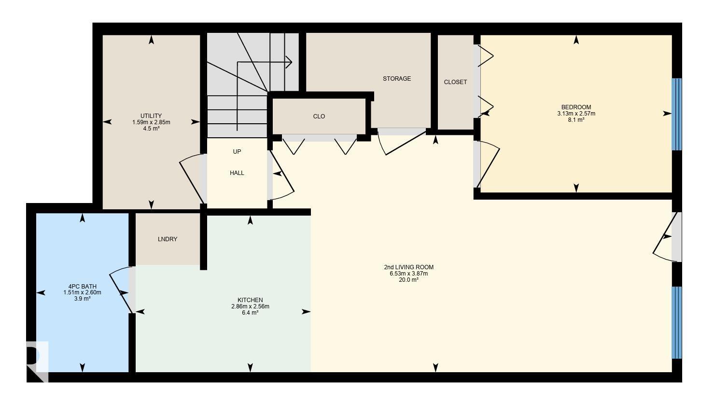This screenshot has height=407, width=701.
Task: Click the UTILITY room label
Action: coord(151,116)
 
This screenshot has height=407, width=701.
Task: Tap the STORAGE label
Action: coord(397,79)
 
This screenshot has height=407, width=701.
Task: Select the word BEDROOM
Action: coord(576,107)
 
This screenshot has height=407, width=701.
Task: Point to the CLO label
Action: coord(319,116)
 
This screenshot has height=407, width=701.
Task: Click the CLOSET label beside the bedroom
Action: coord(455,82)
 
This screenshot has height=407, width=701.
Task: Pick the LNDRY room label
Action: coord(168,239)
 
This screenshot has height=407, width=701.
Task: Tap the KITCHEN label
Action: coord(250,300)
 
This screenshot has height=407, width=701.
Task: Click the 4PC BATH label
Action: coord(82,286)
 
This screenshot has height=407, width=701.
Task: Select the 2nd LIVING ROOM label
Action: coord(408,267)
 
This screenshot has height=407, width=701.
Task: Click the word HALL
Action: coord(237,173)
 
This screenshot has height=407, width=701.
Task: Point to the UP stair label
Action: coord(237,152)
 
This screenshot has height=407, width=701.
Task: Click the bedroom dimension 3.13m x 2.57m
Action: coord(576,114)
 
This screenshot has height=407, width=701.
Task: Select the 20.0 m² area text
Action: coord(408,280)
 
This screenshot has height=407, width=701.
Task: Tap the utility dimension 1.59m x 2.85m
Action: coord(151,122)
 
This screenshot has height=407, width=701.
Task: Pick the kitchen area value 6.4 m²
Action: coord(250,313)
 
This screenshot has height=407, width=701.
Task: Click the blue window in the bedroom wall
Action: coord(676,114)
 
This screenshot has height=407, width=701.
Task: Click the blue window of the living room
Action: coord(676,322)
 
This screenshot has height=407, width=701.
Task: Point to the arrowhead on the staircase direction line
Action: coord(289,62)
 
